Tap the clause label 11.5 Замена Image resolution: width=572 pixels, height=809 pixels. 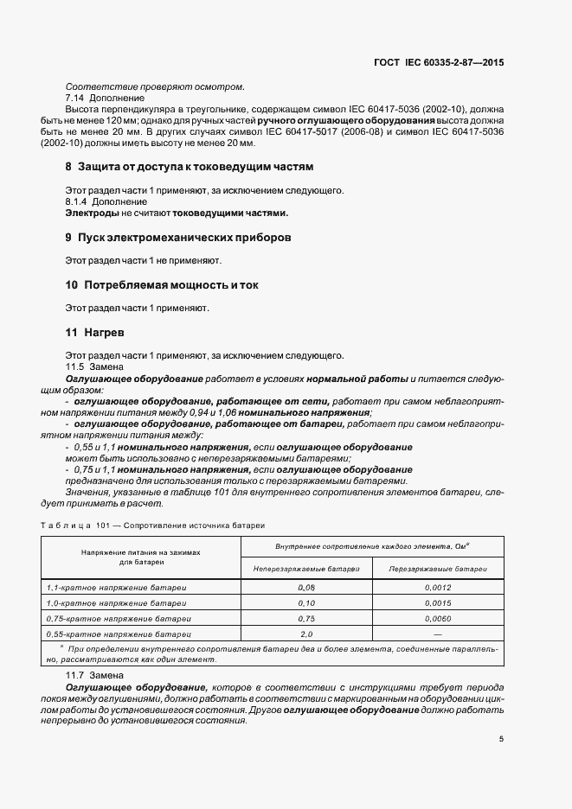click(92, 367)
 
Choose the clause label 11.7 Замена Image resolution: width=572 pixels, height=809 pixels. click(92, 673)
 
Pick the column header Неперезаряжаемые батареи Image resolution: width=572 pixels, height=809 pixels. click(305, 569)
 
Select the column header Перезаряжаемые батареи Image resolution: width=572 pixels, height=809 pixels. click(438, 569)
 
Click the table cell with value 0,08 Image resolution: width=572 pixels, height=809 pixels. click(305, 587)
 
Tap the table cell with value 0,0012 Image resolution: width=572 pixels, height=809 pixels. click(438, 587)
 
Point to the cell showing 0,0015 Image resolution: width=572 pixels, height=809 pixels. click(438, 603)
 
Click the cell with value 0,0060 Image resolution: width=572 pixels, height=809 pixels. click(438, 619)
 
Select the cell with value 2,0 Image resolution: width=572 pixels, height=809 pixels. click(305, 634)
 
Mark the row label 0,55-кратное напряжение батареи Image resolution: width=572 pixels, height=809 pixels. click(117, 634)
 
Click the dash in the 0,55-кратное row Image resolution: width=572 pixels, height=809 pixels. click(438, 634)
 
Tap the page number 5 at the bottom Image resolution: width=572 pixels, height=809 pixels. click(502, 739)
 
